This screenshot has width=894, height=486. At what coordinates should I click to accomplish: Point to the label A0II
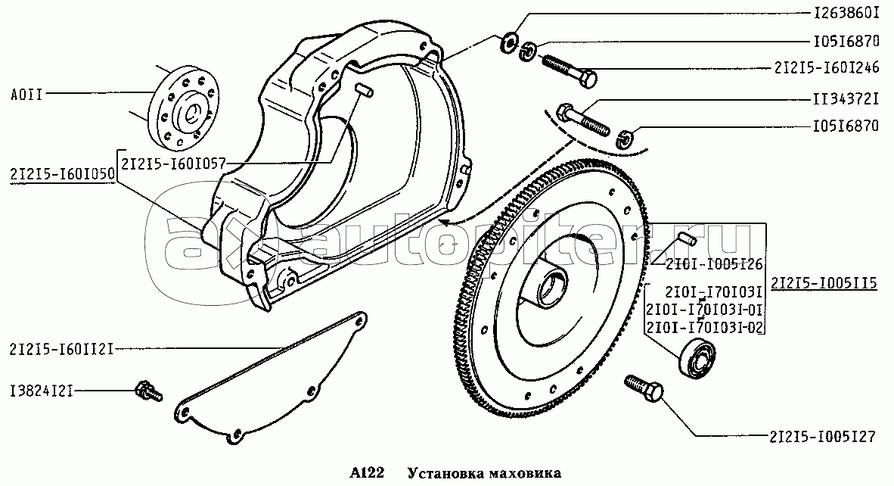[26, 95]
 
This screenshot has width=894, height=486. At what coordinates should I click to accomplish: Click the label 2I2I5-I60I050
[61, 174]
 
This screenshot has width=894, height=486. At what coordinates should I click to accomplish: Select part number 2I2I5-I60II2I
[61, 349]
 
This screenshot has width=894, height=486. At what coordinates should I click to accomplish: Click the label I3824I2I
[42, 392]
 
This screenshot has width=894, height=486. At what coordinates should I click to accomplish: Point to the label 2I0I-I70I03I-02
[705, 328]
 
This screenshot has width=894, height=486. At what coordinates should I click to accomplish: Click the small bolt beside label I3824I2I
[149, 391]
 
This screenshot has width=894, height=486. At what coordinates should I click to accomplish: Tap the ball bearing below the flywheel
[696, 357]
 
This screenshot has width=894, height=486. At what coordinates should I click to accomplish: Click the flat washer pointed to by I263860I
[508, 43]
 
